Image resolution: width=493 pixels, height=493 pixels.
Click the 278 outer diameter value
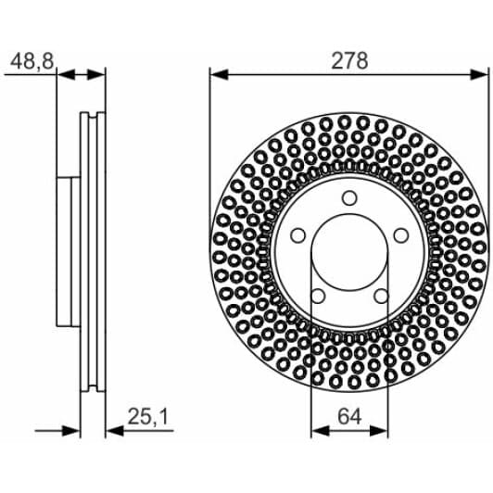(349, 61)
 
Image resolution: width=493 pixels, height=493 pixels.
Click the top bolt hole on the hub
(348, 196)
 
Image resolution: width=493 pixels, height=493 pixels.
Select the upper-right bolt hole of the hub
(402, 234)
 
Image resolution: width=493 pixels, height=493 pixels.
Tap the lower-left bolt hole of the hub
(316, 297)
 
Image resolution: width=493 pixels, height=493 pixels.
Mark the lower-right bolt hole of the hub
(382, 297)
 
